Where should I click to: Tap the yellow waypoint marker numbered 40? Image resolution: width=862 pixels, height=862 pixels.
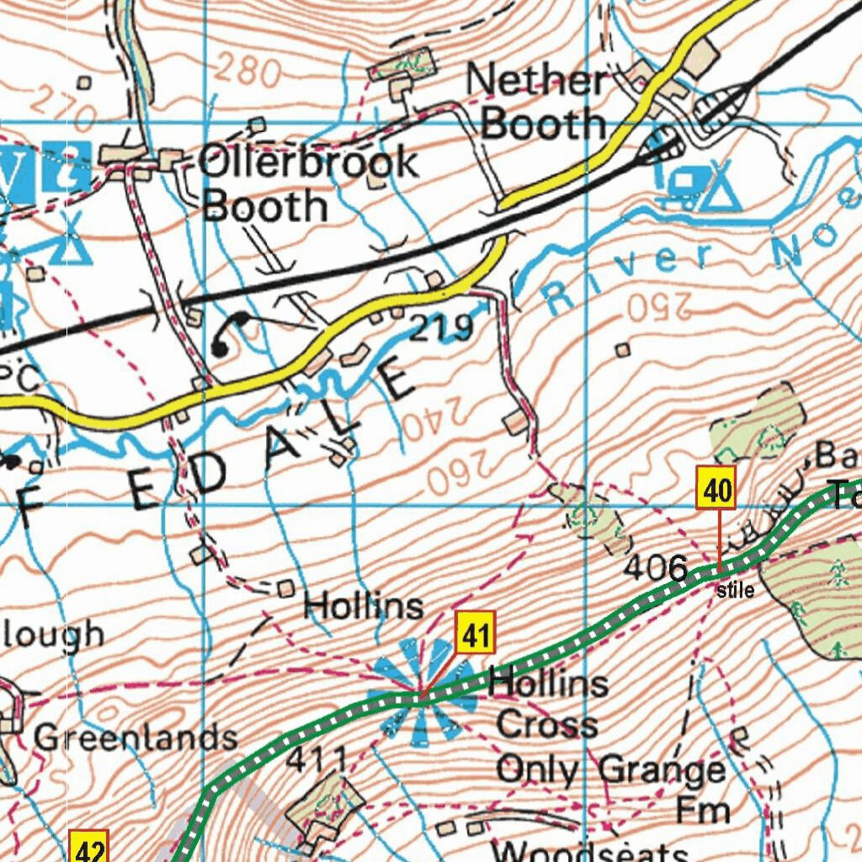point(716,488)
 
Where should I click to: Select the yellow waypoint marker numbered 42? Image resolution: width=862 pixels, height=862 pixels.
point(88,848)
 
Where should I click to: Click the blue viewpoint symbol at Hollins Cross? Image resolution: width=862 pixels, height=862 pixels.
point(422,696)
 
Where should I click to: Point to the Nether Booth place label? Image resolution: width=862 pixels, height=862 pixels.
point(537,102)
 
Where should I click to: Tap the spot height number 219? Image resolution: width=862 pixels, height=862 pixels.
point(441,328)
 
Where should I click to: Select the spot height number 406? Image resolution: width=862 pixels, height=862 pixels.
point(656,568)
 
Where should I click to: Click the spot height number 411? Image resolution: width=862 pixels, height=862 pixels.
point(317,759)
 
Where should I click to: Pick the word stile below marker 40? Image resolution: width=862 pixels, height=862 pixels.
point(736,591)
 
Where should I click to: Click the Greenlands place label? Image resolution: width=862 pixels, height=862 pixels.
point(135,737)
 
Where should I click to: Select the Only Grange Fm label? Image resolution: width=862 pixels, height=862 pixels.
point(611,788)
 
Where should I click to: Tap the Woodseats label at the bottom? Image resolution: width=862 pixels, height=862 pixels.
point(589,850)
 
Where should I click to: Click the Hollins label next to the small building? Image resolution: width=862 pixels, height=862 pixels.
point(363,606)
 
